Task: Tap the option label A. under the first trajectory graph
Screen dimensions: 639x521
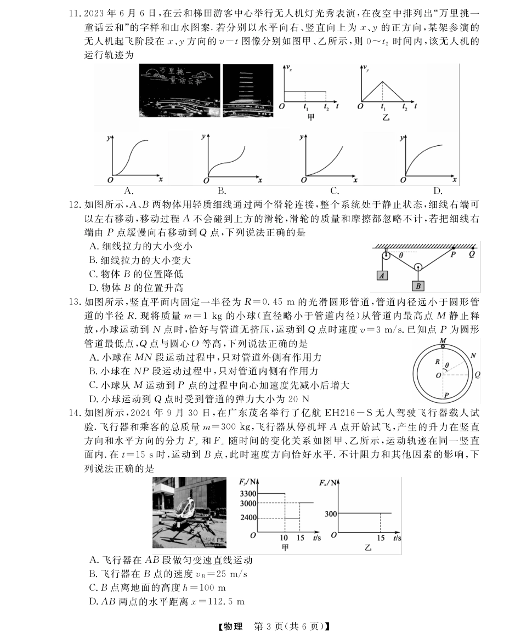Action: tap(129, 191)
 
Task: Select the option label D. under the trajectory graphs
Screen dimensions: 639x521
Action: tap(437, 191)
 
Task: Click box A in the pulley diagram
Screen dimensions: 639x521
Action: tap(383, 275)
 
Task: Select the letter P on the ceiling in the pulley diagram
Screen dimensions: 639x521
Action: tap(453, 254)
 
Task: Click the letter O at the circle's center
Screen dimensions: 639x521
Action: tap(437, 376)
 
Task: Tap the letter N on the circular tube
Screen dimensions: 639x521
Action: tap(473, 355)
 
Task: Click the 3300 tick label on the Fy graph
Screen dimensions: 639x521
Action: tap(247, 494)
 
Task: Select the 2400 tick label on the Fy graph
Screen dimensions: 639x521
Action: tap(247, 518)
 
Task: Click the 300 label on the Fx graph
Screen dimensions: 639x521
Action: tap(330, 514)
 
